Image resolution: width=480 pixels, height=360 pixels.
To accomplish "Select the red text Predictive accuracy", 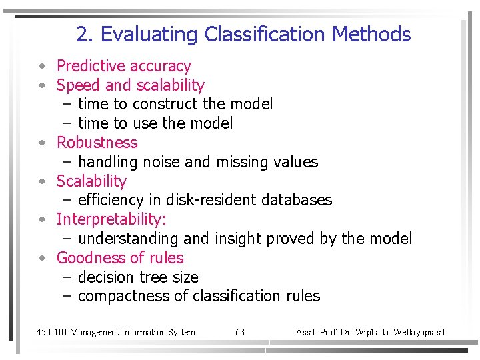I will click(123, 66).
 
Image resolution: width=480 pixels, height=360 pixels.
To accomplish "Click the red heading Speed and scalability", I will click(130, 85).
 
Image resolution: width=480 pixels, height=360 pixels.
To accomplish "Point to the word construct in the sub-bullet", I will click(165, 104).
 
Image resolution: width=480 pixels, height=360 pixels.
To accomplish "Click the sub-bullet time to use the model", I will click(155, 123).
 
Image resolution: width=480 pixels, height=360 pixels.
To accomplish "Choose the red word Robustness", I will click(97, 143).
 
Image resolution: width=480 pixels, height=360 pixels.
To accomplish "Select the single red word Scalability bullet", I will click(91, 181).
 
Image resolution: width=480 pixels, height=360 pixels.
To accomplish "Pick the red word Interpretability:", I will click(111, 219).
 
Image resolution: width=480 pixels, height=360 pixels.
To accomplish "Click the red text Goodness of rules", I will click(120, 258).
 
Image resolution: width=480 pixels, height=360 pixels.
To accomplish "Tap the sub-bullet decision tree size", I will click(138, 277).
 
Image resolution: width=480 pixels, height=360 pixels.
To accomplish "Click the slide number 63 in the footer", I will click(240, 332).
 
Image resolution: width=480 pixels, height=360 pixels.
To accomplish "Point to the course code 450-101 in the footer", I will click(51, 332).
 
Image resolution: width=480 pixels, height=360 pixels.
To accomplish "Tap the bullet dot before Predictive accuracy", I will click(41, 67).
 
